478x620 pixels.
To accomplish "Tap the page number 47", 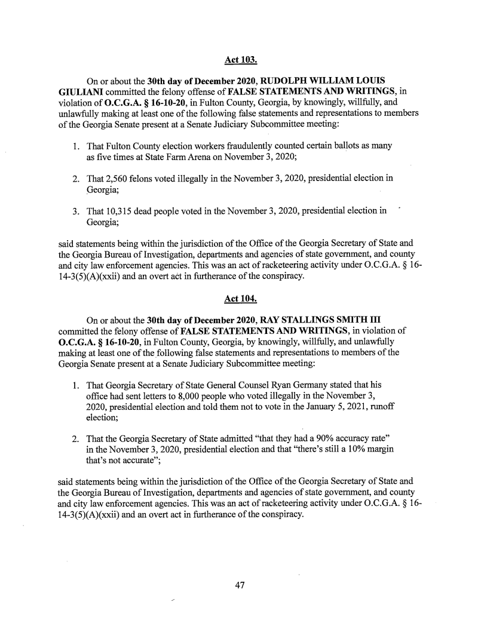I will point(240,585).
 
